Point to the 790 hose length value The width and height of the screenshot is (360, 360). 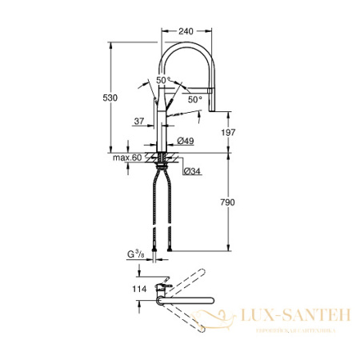228,204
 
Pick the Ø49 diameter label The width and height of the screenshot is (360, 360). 186,142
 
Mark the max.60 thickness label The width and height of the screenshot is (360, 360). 126,158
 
